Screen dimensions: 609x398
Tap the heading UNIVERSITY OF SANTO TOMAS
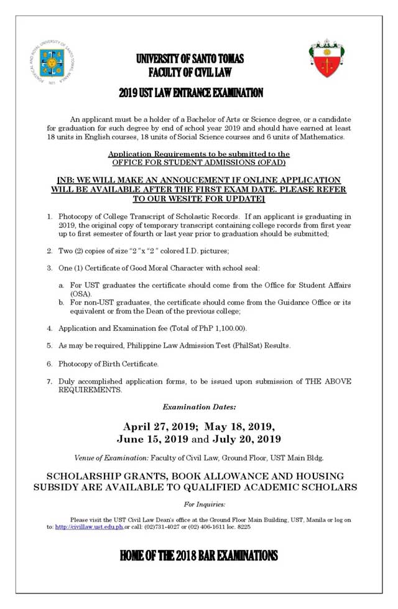point(190,59)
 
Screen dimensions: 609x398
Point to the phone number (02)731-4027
point(162,526)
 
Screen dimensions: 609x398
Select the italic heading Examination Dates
point(199,407)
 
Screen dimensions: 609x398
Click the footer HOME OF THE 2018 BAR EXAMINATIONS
point(199,556)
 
